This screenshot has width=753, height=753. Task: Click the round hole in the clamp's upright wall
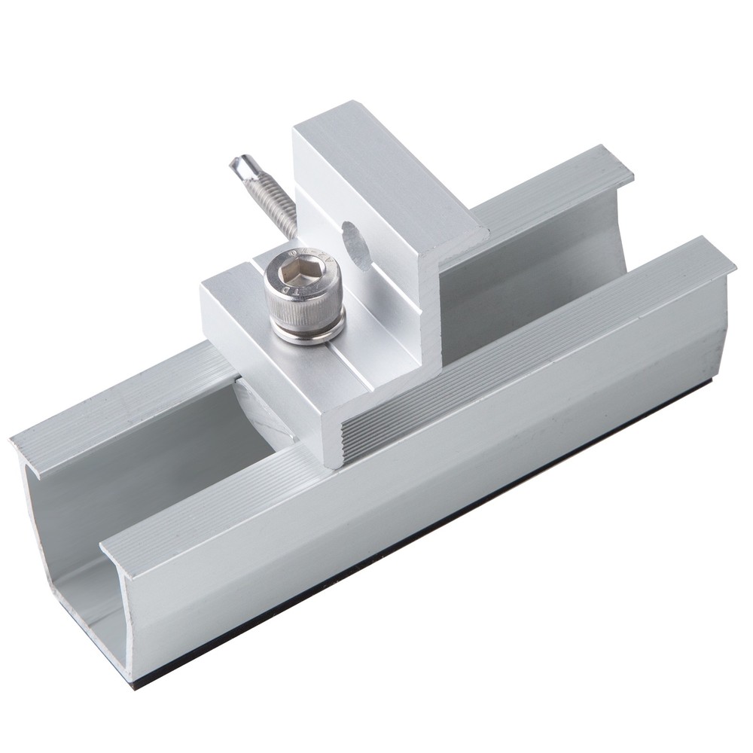click(x=356, y=244)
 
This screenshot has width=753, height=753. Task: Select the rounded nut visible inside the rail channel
click(x=260, y=410)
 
